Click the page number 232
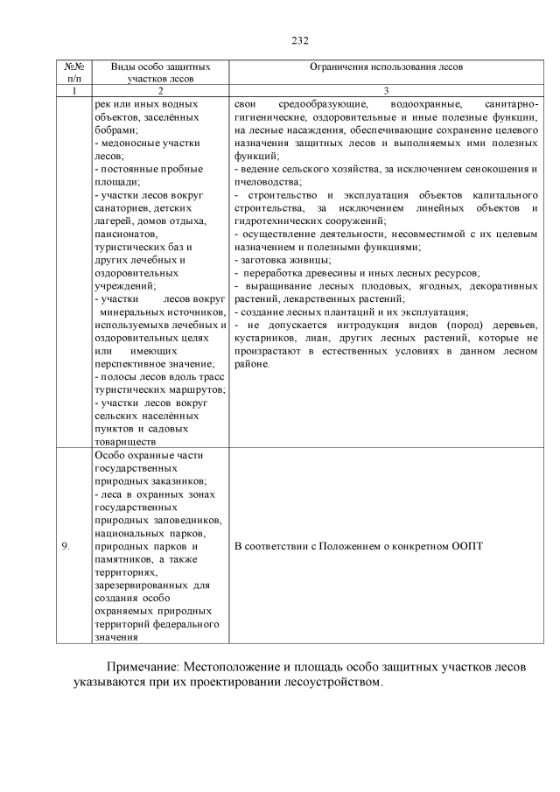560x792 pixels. (x=299, y=40)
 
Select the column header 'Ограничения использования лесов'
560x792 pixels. (x=386, y=67)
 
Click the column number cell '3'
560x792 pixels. (x=386, y=90)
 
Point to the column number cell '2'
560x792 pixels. (x=161, y=90)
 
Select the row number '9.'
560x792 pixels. (x=66, y=546)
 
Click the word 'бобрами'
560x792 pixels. (x=109, y=129)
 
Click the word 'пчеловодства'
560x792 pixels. (x=265, y=179)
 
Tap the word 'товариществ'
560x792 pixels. (x=129, y=442)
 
